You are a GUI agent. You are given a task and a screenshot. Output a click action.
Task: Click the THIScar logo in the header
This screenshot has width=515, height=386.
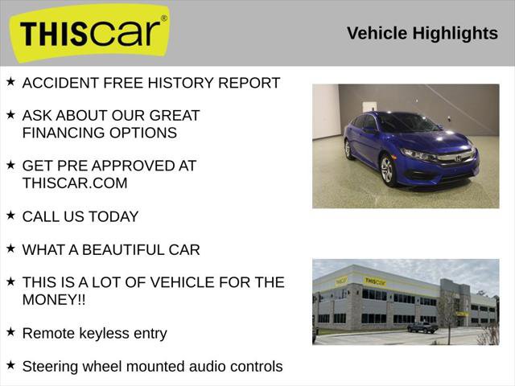[x=89, y=33]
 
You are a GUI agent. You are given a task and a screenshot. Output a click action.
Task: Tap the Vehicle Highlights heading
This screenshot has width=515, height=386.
[x=422, y=33]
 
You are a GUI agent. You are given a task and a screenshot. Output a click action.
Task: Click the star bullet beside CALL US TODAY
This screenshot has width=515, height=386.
[x=10, y=216]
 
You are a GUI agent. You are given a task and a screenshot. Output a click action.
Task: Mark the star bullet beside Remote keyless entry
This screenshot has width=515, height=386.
[x=10, y=331]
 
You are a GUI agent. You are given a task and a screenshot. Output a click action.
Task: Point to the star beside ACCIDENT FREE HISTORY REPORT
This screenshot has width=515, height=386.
[x=10, y=81]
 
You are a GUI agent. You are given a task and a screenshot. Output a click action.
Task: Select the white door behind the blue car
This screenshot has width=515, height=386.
[x=369, y=107]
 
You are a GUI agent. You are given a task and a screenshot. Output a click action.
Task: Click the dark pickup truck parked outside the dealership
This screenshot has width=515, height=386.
[x=422, y=327]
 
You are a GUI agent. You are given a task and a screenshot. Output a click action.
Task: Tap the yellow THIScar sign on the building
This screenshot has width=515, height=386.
[x=374, y=281]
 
